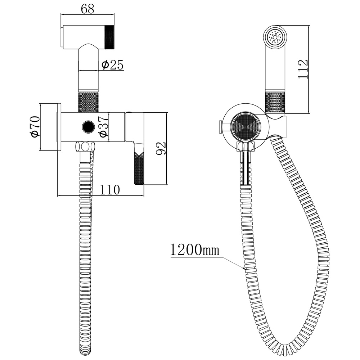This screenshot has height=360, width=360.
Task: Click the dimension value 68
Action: pyautogui.click(x=87, y=9)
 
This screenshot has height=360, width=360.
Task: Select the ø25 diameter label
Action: pyautogui.click(x=112, y=65)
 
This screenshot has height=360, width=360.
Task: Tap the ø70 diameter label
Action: pyautogui.click(x=35, y=127)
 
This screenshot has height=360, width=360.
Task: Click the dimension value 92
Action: pyautogui.click(x=161, y=148)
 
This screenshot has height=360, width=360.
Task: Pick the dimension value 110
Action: pyautogui.click(x=110, y=190)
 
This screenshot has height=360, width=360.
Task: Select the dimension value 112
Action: pyautogui.click(x=303, y=69)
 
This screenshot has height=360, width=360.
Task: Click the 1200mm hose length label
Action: pyautogui.click(x=195, y=250)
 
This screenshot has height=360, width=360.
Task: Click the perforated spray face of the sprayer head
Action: pyautogui.click(x=275, y=37)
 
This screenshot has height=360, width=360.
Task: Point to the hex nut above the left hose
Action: pyautogui.click(x=85, y=147)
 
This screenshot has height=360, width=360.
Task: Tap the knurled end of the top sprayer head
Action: pyautogui.click(x=109, y=37)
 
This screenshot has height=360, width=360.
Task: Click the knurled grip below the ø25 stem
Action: pyautogui.click(x=89, y=102)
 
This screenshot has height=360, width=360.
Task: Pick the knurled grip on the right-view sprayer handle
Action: pyautogui.click(x=275, y=102)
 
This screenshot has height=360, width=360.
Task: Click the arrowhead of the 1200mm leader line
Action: pyautogui.click(x=245, y=269)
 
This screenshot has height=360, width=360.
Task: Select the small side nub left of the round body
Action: pyautogui.click(x=220, y=126)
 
